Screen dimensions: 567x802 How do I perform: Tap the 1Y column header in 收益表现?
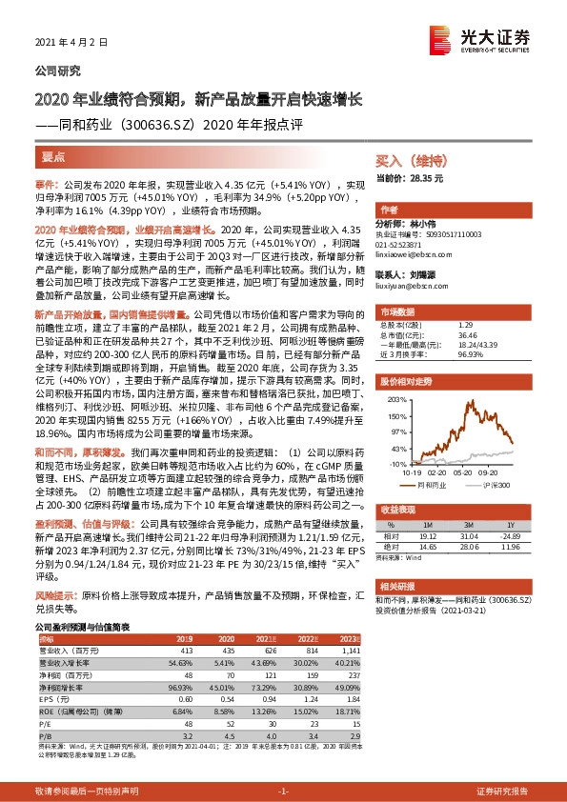510,525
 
